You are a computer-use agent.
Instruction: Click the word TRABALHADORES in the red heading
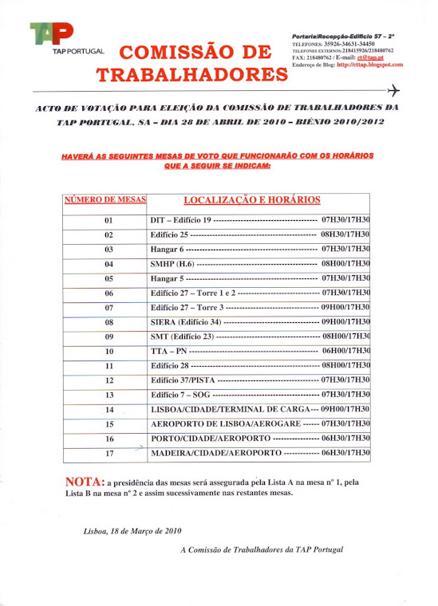pos(191,76)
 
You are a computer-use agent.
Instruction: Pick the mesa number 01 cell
pos(109,220)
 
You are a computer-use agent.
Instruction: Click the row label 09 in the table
pos(109,336)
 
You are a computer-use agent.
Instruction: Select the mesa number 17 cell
pos(109,454)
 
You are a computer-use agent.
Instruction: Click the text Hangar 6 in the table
pos(168,250)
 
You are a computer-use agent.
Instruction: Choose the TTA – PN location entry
pos(168,352)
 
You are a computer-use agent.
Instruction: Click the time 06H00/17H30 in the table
pos(345,352)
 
